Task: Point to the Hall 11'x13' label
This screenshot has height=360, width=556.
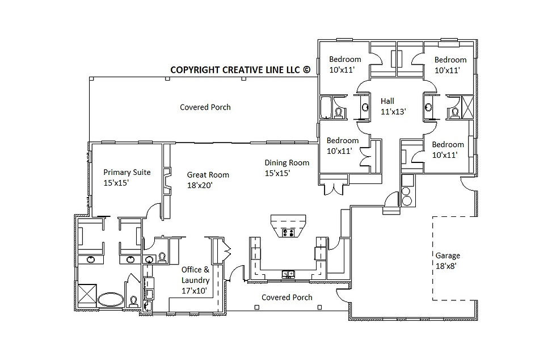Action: click(393, 106)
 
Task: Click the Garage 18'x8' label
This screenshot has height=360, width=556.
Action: click(448, 260)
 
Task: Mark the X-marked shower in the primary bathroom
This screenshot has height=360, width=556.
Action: click(87, 294)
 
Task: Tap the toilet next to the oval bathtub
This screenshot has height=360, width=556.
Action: click(133, 302)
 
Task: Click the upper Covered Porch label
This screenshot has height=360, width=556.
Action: click(205, 107)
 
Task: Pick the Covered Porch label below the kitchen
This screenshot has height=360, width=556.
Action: click(287, 297)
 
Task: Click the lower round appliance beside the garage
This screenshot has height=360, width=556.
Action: click(407, 200)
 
